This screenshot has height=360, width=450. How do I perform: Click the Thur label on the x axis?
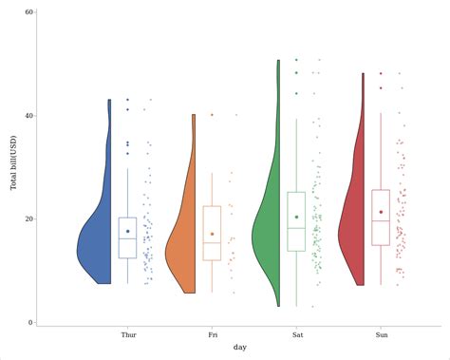pyautogui.click(x=128, y=334)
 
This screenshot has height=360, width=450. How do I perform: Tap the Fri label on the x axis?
pyautogui.click(x=212, y=334)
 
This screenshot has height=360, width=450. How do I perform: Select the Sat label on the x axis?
pyautogui.click(x=296, y=334)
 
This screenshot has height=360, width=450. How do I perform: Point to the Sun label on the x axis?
pyautogui.click(x=381, y=334)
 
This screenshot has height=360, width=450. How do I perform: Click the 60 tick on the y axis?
pyautogui.click(x=28, y=12)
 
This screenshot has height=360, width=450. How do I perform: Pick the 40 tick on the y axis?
pyautogui.click(x=28, y=116)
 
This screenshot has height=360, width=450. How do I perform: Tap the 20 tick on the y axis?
pyautogui.click(x=28, y=218)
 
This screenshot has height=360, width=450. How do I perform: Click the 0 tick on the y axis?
pyautogui.click(x=30, y=322)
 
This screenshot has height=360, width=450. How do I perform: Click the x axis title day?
pyautogui.click(x=240, y=348)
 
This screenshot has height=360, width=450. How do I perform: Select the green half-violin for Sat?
pyautogui.click(x=268, y=237)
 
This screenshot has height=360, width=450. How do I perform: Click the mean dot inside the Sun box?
pyautogui.click(x=381, y=212)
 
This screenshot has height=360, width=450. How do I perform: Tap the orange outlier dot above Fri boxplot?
pyautogui.click(x=212, y=115)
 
